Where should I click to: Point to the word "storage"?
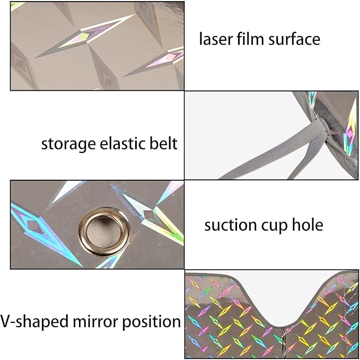tap(68, 145)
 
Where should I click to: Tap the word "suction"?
tap(231, 225)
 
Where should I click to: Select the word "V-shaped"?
tap(34, 322)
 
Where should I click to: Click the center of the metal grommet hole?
tap(104, 232)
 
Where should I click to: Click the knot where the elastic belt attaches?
tap(321, 128)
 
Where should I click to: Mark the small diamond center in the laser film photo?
tap(84, 36)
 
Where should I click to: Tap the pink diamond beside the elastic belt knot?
tap(349, 134)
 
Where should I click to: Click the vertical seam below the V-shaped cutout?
tap(285, 343)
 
